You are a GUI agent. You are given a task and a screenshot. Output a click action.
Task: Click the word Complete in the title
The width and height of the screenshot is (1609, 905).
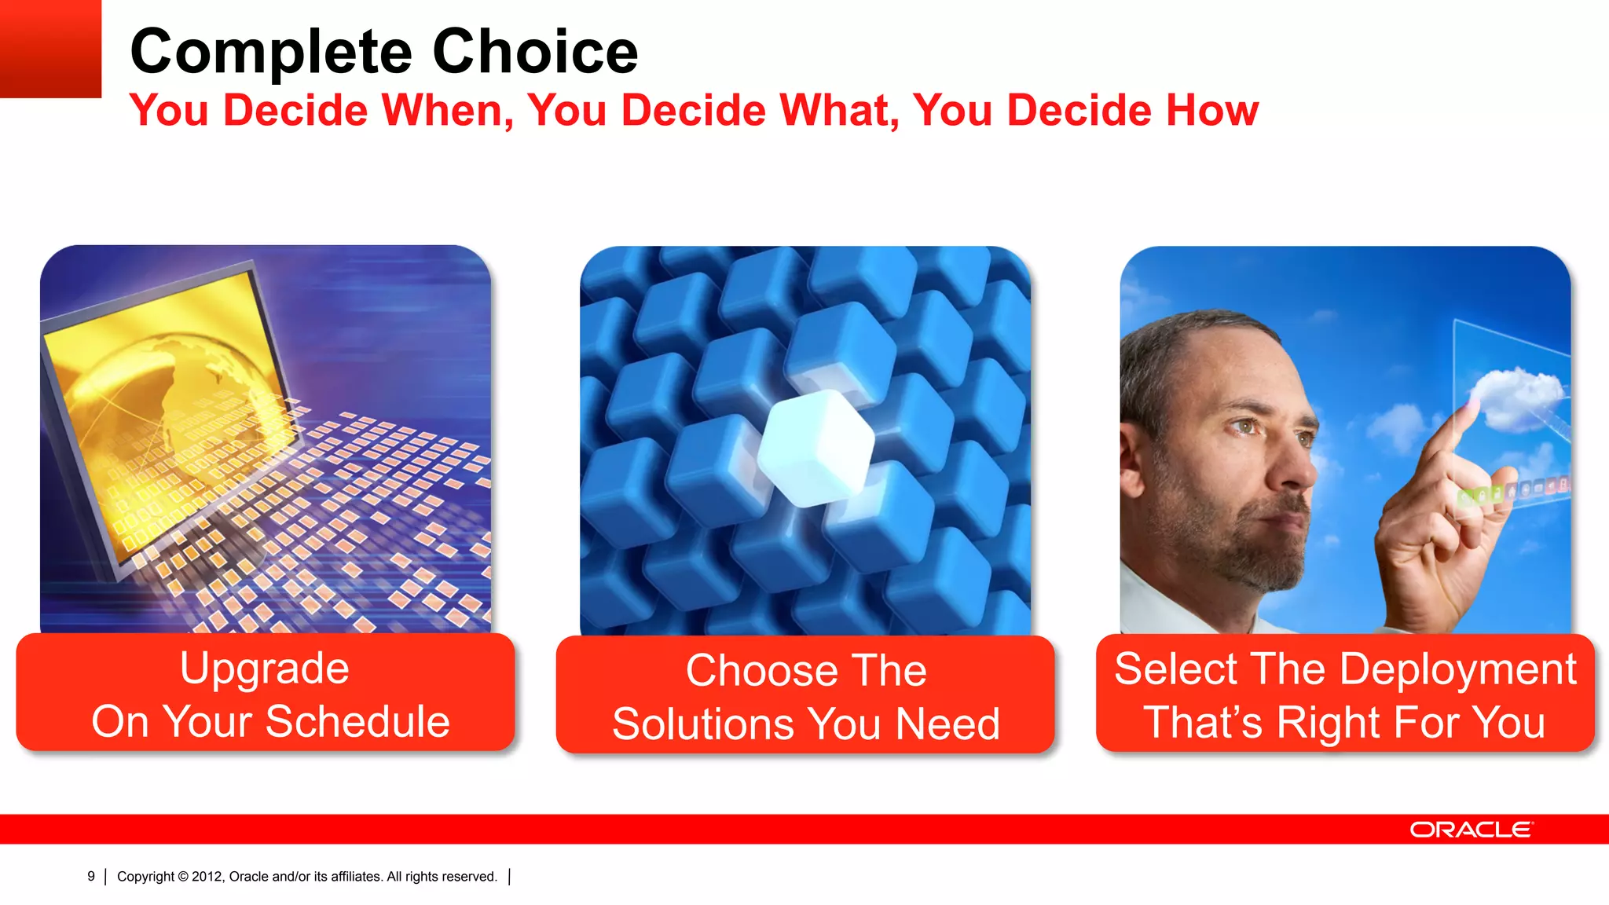(270, 53)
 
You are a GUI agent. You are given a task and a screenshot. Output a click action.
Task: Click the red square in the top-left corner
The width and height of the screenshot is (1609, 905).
(50, 48)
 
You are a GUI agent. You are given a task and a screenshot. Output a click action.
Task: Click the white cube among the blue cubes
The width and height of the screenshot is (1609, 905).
(815, 449)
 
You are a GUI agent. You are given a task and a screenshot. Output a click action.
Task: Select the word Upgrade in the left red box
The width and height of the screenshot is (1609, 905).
(264, 669)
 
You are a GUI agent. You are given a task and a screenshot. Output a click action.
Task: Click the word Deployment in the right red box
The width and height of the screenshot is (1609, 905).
(1457, 669)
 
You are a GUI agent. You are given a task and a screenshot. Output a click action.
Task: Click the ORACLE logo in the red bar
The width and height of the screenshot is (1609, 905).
(1471, 830)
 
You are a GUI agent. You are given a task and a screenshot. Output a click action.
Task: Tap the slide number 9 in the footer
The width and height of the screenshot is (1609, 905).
(91, 876)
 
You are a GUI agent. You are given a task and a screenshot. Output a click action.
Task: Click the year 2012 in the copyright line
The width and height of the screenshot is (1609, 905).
(207, 877)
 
